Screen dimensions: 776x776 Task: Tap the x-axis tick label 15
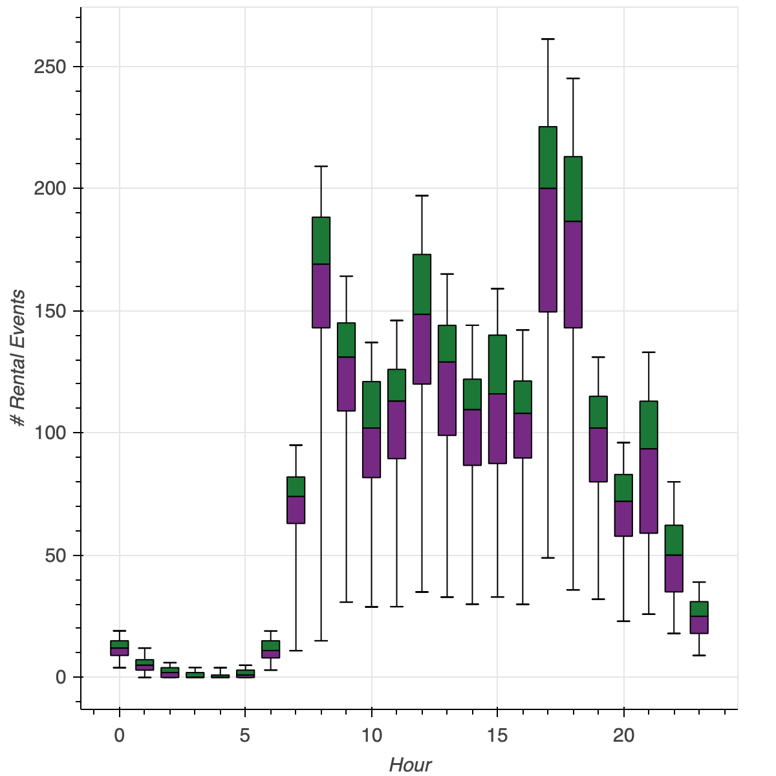[497, 735]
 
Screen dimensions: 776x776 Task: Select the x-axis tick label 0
[120, 735]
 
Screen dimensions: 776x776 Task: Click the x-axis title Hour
[410, 766]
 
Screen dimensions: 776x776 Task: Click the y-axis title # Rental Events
[18, 359]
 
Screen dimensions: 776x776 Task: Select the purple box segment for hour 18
[573, 274]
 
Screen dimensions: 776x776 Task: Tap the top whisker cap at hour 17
[548, 39]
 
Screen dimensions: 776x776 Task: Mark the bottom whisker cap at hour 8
[321, 640]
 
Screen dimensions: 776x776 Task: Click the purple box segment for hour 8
[321, 296]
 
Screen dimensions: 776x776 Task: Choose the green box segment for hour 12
[422, 284]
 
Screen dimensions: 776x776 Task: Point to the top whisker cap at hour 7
[296, 445]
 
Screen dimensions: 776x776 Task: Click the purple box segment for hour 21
[649, 490]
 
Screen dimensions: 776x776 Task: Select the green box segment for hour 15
[497, 364]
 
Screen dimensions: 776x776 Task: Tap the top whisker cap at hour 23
[699, 582]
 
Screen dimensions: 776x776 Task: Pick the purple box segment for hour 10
[371, 453]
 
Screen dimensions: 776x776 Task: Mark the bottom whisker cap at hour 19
[598, 599]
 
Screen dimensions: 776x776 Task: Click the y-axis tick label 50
[55, 555]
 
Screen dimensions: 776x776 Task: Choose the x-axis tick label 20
[623, 735]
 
